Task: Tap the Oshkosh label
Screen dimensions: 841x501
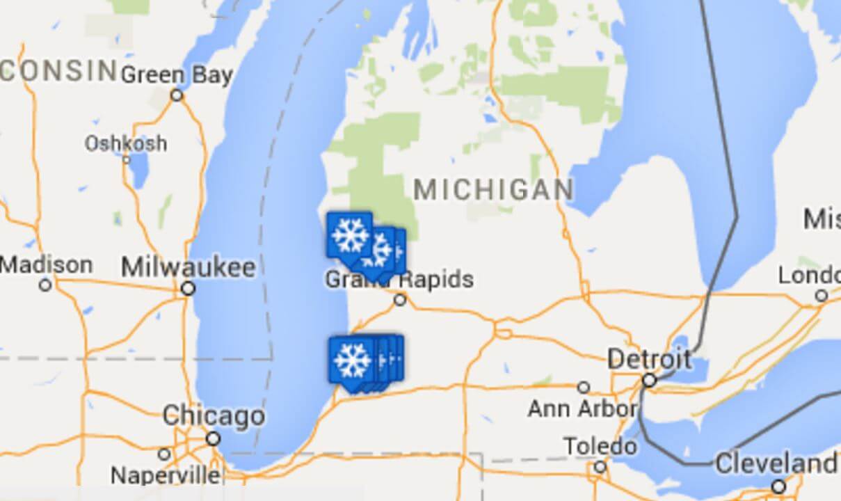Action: point(126,143)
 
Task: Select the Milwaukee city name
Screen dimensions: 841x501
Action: point(188,267)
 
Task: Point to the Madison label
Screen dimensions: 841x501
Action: point(47,265)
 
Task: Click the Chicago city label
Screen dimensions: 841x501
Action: point(214,416)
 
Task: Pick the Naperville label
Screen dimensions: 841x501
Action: point(166,476)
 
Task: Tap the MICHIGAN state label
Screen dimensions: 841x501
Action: point(494,189)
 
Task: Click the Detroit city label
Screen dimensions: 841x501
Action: point(650,360)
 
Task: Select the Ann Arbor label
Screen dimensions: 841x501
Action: point(583,408)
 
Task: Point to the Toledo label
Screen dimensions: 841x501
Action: point(600,445)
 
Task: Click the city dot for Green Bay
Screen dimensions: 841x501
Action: point(177,95)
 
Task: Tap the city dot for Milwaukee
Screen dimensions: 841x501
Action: point(188,288)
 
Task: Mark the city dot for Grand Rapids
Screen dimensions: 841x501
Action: point(400,300)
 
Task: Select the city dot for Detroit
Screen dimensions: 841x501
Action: point(650,381)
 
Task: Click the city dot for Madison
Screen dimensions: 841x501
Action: point(46,285)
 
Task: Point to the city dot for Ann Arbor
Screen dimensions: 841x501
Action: point(584,387)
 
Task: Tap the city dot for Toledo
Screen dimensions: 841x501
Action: point(600,466)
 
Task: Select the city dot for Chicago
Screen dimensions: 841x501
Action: point(214,438)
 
